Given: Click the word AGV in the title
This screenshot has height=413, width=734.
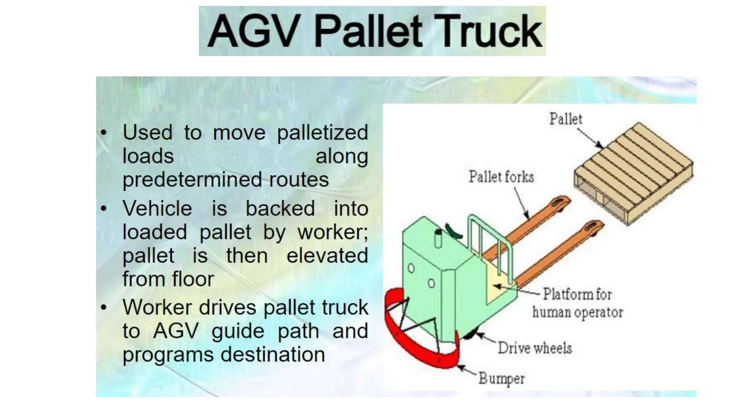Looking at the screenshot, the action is click(x=254, y=31).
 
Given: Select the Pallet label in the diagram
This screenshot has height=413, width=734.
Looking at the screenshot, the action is click(x=566, y=119).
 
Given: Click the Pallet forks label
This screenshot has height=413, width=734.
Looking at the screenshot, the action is click(x=501, y=177).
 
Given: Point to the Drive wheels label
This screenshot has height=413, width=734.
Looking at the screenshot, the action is click(x=535, y=348).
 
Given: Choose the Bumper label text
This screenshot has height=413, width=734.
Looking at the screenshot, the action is click(x=502, y=379).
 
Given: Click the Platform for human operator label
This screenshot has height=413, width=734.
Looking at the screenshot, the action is click(x=577, y=303).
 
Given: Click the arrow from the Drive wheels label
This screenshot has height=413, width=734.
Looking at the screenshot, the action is click(x=486, y=339).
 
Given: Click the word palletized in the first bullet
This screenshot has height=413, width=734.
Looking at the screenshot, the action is click(x=322, y=133).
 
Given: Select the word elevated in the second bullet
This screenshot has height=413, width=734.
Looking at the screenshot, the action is click(x=327, y=256).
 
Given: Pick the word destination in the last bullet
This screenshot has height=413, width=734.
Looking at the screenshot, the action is click(x=272, y=355).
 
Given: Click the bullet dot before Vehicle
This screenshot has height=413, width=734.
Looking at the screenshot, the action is click(x=104, y=208).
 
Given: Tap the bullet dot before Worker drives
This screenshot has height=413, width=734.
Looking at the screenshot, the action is click(x=104, y=307).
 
